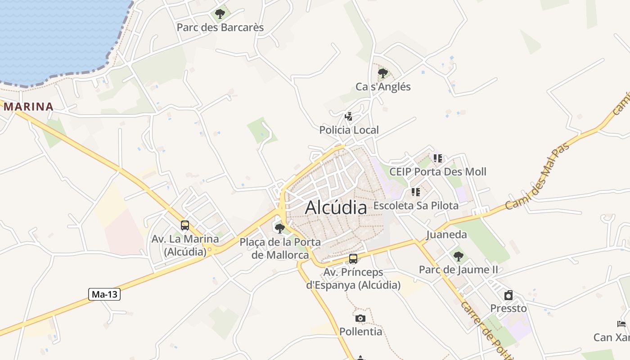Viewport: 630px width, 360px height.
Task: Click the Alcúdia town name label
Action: tap(336, 208)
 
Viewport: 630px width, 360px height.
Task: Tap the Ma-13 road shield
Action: tap(104, 294)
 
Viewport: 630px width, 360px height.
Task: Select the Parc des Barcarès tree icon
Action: tap(220, 14)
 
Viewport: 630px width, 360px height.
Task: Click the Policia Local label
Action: tap(349, 130)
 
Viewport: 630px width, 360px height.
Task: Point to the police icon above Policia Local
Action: tap(348, 117)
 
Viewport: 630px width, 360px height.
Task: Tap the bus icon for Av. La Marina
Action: tap(184, 225)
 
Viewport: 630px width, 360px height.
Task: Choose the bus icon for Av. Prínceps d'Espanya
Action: tap(353, 259)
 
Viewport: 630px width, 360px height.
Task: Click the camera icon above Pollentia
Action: tap(360, 319)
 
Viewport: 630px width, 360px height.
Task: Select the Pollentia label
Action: tap(360, 332)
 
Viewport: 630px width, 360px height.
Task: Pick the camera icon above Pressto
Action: tap(508, 295)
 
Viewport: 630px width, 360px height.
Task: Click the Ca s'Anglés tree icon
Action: tap(383, 73)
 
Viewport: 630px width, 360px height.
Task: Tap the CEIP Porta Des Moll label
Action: tap(437, 171)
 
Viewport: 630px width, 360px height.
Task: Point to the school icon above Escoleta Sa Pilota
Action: tap(415, 193)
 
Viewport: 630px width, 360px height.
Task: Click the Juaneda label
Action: tap(446, 234)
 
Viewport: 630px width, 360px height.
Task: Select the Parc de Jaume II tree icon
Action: tap(458, 256)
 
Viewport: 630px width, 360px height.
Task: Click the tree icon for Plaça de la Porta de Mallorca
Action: tap(279, 229)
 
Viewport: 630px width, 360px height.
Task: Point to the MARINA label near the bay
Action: tap(28, 107)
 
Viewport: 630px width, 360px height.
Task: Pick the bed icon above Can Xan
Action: tap(621, 324)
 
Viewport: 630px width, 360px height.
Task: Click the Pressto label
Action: tap(508, 308)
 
